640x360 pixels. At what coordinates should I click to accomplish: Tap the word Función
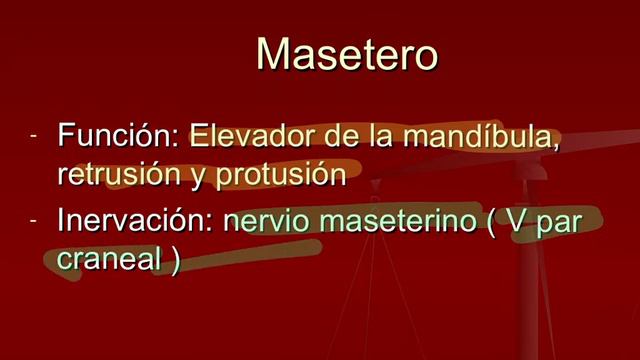click(x=118, y=135)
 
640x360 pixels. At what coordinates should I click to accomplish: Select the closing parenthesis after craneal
click(x=175, y=259)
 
